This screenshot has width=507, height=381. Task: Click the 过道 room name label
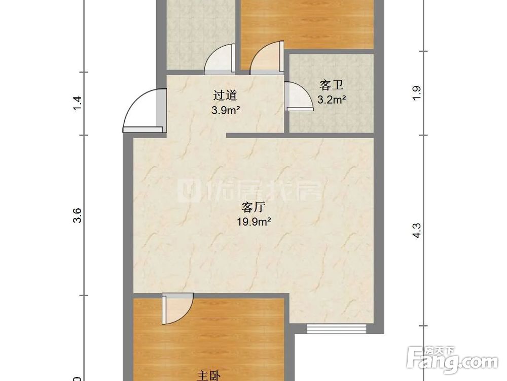click(225, 95)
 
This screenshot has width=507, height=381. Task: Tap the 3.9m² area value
click(226, 110)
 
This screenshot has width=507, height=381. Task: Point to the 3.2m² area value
click(332, 100)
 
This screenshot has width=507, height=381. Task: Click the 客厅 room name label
click(254, 207)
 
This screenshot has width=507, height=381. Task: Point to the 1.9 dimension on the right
click(417, 93)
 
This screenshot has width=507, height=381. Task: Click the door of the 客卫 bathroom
click(298, 96)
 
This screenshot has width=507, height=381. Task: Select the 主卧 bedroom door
click(177, 308)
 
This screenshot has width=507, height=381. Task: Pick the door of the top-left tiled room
click(220, 58)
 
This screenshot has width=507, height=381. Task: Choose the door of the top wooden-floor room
click(266, 57)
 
